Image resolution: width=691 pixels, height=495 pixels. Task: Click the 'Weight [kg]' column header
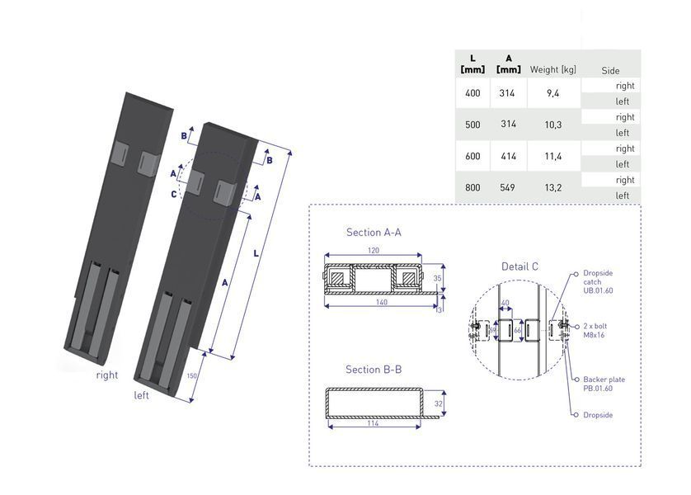[552, 69]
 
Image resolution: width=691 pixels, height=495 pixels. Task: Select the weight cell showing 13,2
[553, 188]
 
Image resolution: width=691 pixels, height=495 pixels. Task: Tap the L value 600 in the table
[472, 156]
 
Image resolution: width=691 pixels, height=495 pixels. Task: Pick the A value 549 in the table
[507, 188]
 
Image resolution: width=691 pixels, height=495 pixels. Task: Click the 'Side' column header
[610, 70]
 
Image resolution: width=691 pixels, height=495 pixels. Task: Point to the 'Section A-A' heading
[374, 233]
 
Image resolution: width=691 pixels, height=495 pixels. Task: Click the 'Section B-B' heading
[374, 370]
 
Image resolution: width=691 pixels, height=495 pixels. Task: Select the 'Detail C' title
[519, 266]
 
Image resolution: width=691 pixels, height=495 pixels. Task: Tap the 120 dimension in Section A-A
[374, 250]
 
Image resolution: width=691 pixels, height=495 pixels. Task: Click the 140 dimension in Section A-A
[382, 302]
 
